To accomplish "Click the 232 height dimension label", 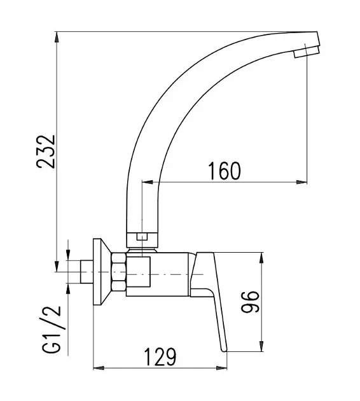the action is [x=46, y=151].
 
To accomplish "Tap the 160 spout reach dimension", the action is [x=225, y=171].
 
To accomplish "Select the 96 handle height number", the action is [x=250, y=302].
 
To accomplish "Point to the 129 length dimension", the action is [x=160, y=356].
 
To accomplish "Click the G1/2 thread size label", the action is [x=52, y=330].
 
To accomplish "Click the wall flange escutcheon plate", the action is [x=102, y=272].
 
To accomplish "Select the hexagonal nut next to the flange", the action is [x=119, y=272].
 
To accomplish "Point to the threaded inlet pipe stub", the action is [x=87, y=272].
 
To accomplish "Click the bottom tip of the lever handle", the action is [x=224, y=351].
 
